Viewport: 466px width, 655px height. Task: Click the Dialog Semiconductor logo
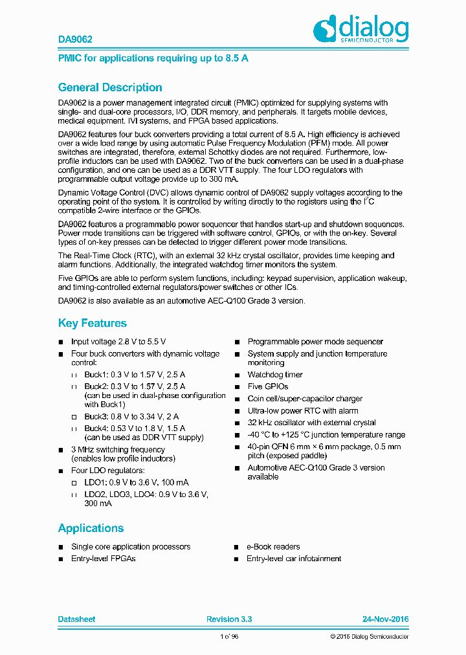[361, 30]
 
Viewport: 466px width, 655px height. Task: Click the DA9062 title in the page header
[70, 39]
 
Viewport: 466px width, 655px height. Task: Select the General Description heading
[110, 87]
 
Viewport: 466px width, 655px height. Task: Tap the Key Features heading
[93, 323]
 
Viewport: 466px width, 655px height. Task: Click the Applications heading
[91, 528]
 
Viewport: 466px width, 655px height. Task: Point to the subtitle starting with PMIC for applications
[153, 58]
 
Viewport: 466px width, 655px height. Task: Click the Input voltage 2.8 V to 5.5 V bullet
[118, 342]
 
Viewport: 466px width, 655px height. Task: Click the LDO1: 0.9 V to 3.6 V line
[137, 482]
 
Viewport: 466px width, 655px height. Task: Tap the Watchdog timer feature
[275, 375]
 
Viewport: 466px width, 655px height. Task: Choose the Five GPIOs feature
[268, 386]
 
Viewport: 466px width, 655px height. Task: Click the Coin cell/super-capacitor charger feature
[305, 399]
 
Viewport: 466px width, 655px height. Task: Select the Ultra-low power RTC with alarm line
[302, 410]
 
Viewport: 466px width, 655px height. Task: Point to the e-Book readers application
[273, 546]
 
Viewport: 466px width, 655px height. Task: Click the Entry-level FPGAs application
[104, 558]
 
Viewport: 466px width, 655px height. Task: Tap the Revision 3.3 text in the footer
[229, 619]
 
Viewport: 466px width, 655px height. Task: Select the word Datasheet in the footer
[76, 619]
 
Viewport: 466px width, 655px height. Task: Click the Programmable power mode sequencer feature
[315, 342]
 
